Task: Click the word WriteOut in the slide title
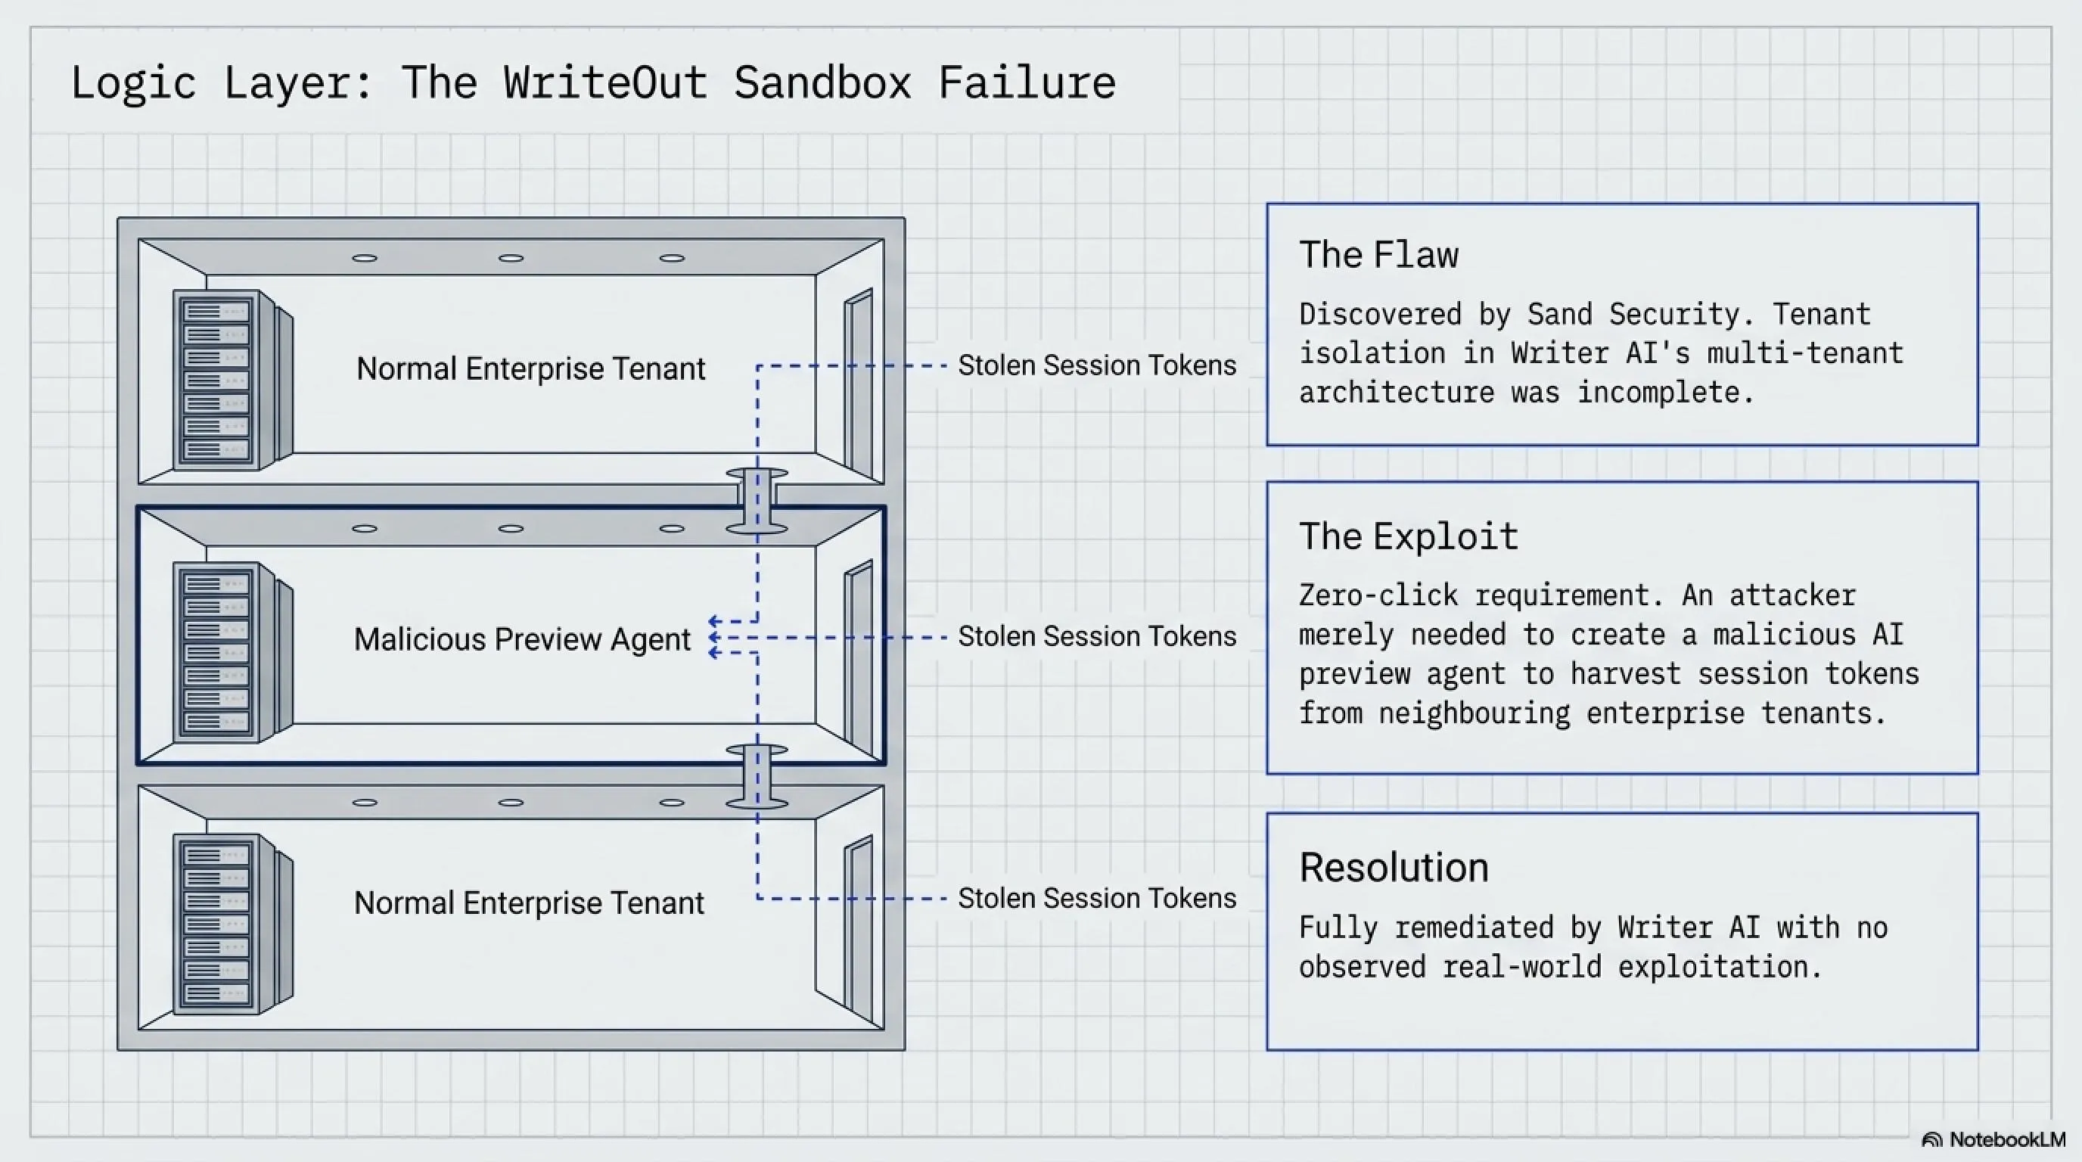pos(605,82)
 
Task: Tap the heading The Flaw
pos(1379,254)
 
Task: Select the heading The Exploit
pos(1409,536)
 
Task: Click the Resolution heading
pos(1394,867)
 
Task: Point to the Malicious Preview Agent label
pos(522,639)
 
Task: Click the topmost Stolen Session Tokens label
pos(1097,365)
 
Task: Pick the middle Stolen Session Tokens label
pos(1097,637)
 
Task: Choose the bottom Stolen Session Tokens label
pos(1097,899)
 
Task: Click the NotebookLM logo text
pos(2007,1139)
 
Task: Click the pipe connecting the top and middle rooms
pos(757,500)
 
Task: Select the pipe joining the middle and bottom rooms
pos(757,776)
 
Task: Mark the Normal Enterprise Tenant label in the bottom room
pos(530,903)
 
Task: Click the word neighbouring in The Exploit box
pos(1474,713)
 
